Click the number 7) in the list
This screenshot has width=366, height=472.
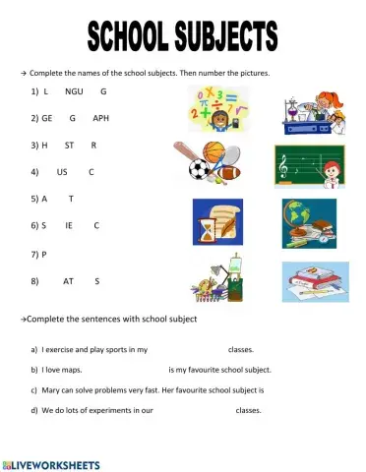(39, 255)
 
